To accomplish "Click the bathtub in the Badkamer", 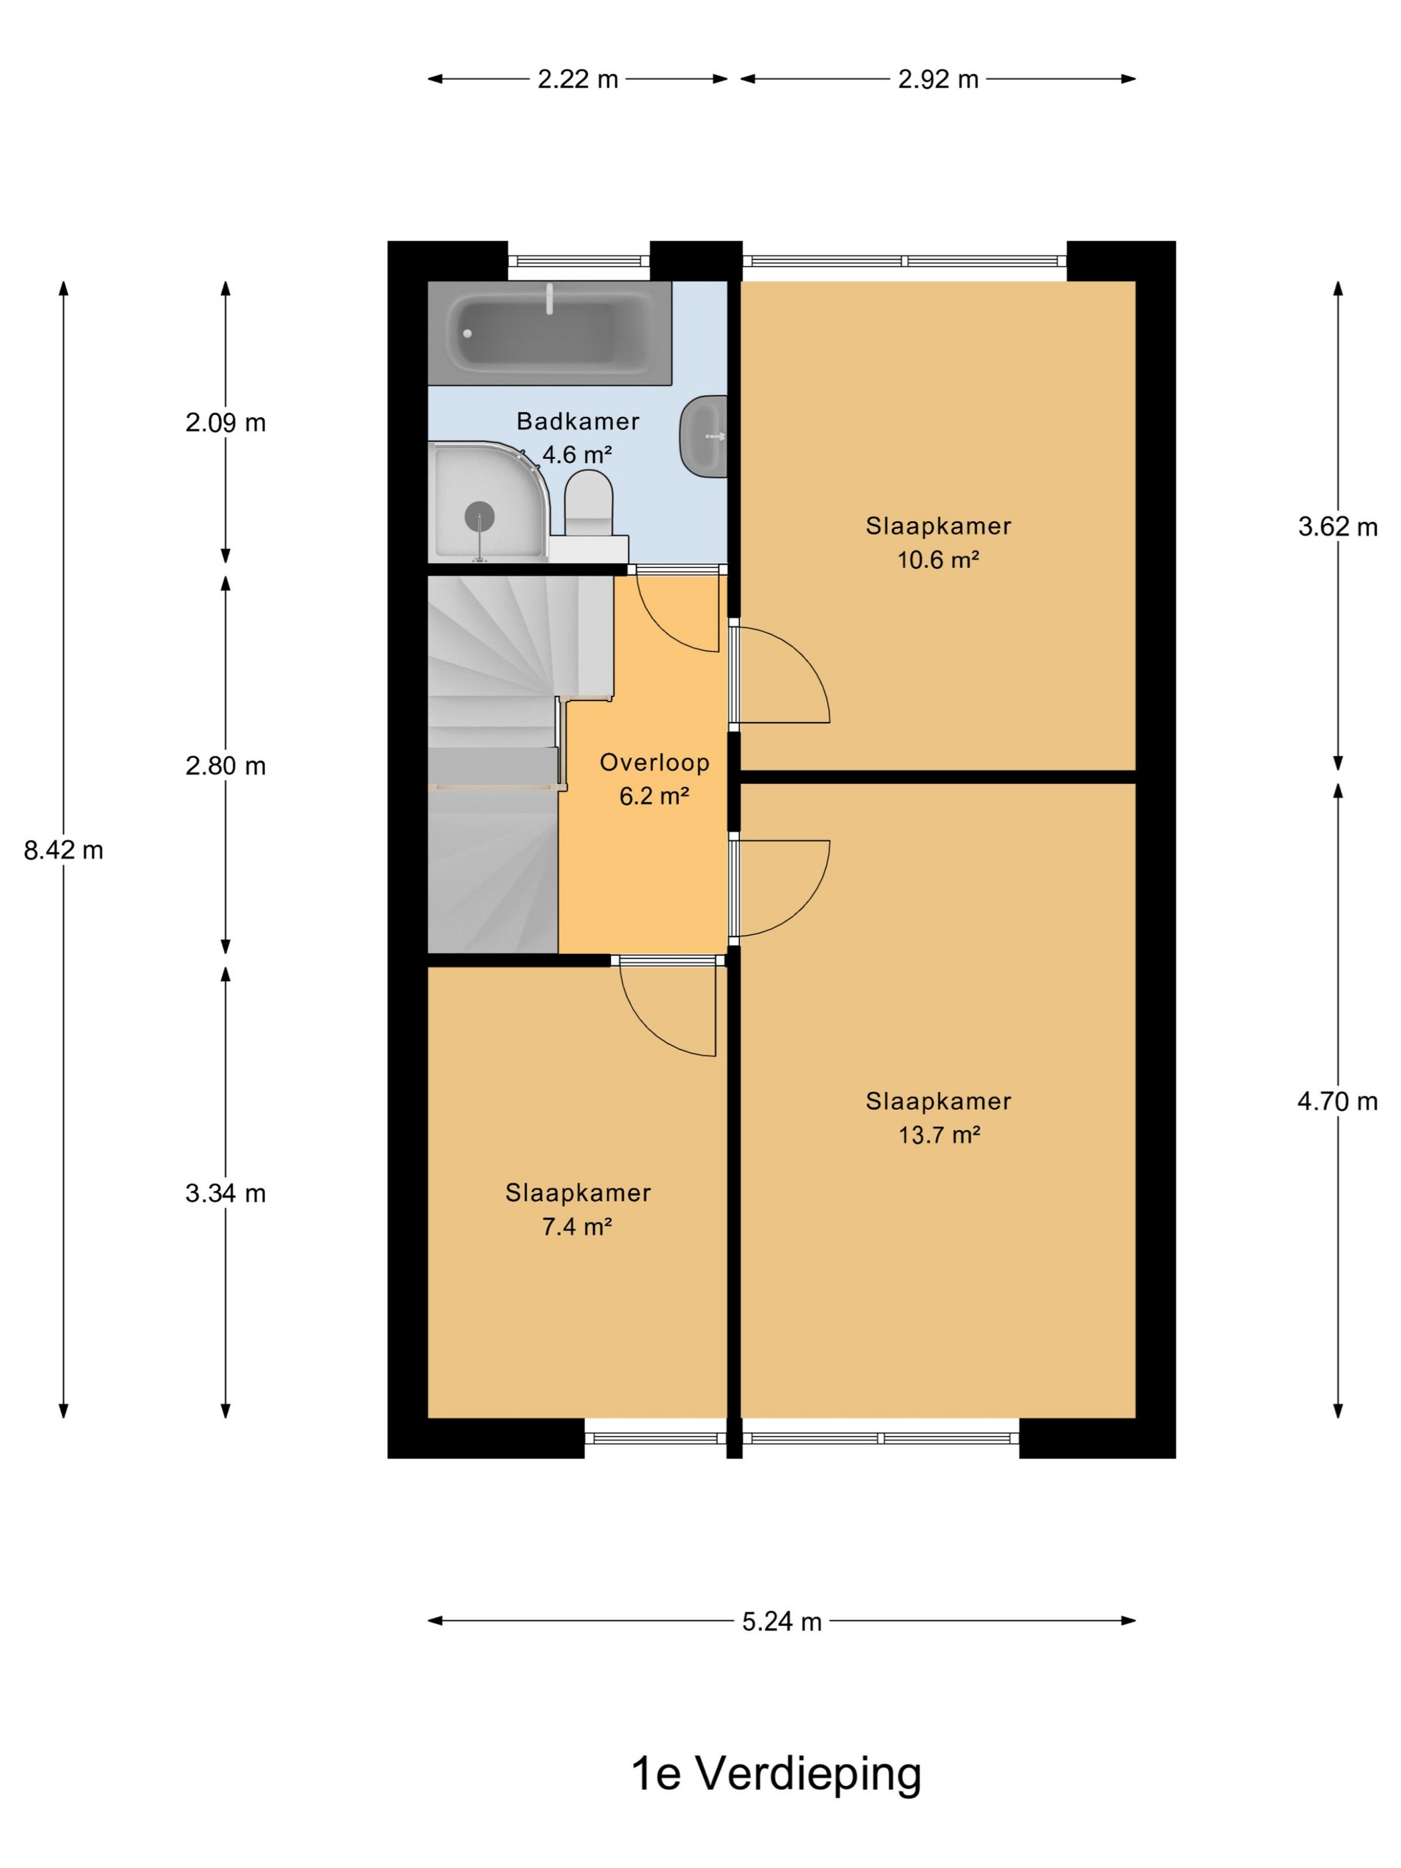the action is (x=549, y=333).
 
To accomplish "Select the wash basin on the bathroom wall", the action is (x=703, y=436).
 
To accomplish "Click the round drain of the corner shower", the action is (x=480, y=516).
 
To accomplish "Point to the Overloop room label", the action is (x=654, y=763).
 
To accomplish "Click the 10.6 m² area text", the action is (x=937, y=560).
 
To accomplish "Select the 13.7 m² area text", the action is (x=939, y=1134).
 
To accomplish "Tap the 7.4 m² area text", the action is (x=577, y=1226).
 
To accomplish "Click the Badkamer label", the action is (x=578, y=422).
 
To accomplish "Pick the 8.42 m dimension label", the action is (x=63, y=851).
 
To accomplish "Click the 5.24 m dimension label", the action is (x=782, y=1621).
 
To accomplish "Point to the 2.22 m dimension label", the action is (x=578, y=79).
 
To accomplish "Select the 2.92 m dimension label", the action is (x=937, y=79).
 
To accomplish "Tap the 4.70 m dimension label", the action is (x=1338, y=1101).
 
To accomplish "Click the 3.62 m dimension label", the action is (x=1338, y=527).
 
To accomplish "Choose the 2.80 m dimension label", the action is (x=225, y=766).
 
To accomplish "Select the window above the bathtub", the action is (x=579, y=261).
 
